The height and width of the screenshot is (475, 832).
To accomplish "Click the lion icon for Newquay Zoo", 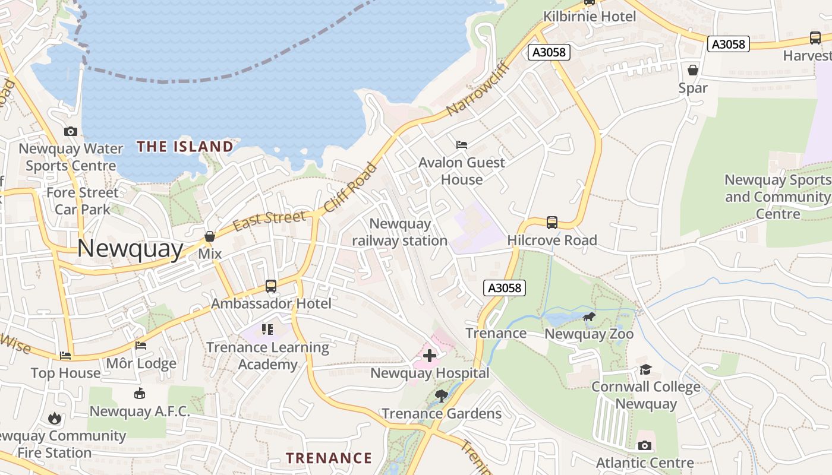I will tap(588, 317).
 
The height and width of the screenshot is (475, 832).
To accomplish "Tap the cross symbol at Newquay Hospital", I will tap(429, 356).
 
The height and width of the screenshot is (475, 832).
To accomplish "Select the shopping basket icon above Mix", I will tap(210, 236).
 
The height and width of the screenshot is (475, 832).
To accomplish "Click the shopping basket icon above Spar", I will tap(693, 70).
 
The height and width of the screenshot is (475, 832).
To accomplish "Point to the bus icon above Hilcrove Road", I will tap(552, 223).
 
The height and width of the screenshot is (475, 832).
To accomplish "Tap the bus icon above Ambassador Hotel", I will tap(271, 286).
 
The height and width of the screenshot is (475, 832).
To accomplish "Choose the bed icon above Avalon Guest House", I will tap(462, 144).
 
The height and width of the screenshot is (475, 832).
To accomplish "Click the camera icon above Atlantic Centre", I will tap(645, 445).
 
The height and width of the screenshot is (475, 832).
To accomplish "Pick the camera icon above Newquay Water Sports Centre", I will tap(71, 131).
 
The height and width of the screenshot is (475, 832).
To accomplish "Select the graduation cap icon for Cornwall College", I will tap(645, 370).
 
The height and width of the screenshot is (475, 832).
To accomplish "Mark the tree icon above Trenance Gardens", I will tap(441, 396).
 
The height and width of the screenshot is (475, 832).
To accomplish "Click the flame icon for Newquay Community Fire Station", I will tap(55, 419).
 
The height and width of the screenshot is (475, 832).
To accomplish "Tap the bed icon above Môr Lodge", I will tap(141, 346).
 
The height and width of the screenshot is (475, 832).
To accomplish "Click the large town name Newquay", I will tap(130, 248).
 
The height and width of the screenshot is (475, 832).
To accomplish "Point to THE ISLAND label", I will tap(185, 146).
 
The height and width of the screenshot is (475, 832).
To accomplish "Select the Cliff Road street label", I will tap(350, 188).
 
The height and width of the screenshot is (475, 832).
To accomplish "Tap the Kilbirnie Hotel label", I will tap(590, 17).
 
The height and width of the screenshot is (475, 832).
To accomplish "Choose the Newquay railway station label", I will tap(400, 232).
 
